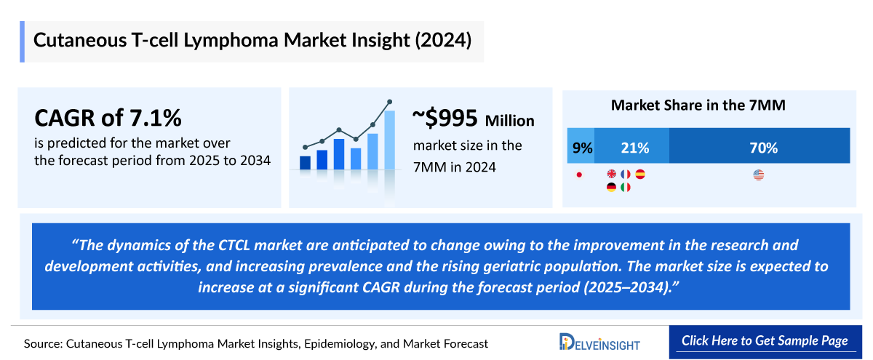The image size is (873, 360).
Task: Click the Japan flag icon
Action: click(579, 175)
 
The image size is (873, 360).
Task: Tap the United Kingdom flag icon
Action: click(611, 175)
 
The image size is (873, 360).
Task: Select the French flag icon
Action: click(626, 175)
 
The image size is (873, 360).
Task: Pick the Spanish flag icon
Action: click(640, 175)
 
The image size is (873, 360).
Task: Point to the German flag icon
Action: click(611, 188)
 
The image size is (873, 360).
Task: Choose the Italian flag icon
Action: click(626, 188)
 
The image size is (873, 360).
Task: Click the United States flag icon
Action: click(759, 175)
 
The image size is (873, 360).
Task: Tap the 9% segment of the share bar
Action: click(582, 148)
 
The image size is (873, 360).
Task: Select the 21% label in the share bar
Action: click(634, 148)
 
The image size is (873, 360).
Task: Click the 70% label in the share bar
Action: click(764, 148)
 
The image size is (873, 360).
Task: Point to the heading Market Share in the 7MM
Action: click(698, 105)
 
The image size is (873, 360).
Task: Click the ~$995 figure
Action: click(445, 118)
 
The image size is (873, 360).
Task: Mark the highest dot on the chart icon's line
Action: click(390, 102)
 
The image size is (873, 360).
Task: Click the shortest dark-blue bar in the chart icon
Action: click(305, 162)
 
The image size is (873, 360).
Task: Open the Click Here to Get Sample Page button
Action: click(764, 341)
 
